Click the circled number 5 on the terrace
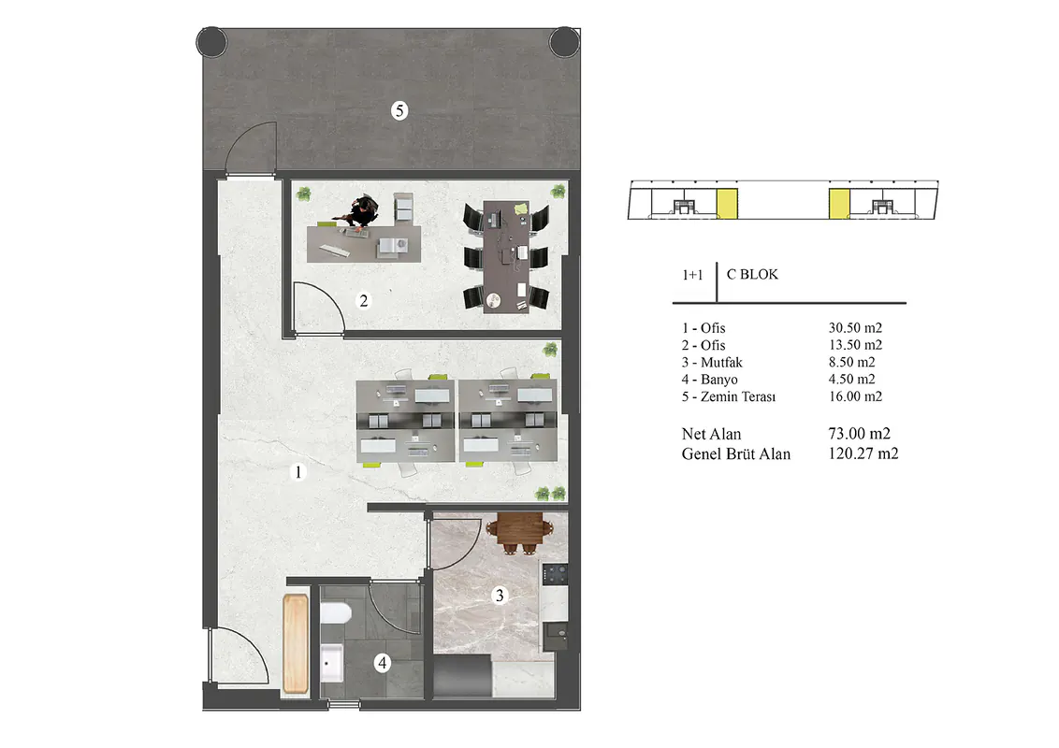(399, 110)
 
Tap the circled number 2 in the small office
(364, 300)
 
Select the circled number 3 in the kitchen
(500, 595)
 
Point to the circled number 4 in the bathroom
(383, 663)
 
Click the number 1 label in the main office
(297, 471)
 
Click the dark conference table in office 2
(506, 256)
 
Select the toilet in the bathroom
(335, 613)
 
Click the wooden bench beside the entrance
(296, 642)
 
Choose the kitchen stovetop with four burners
(555, 574)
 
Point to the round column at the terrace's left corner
(211, 42)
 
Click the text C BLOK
(752, 274)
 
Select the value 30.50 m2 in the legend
(855, 327)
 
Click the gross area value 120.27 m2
(863, 453)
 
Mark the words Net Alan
(711, 434)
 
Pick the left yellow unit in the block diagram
(727, 204)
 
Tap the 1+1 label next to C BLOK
(692, 275)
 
